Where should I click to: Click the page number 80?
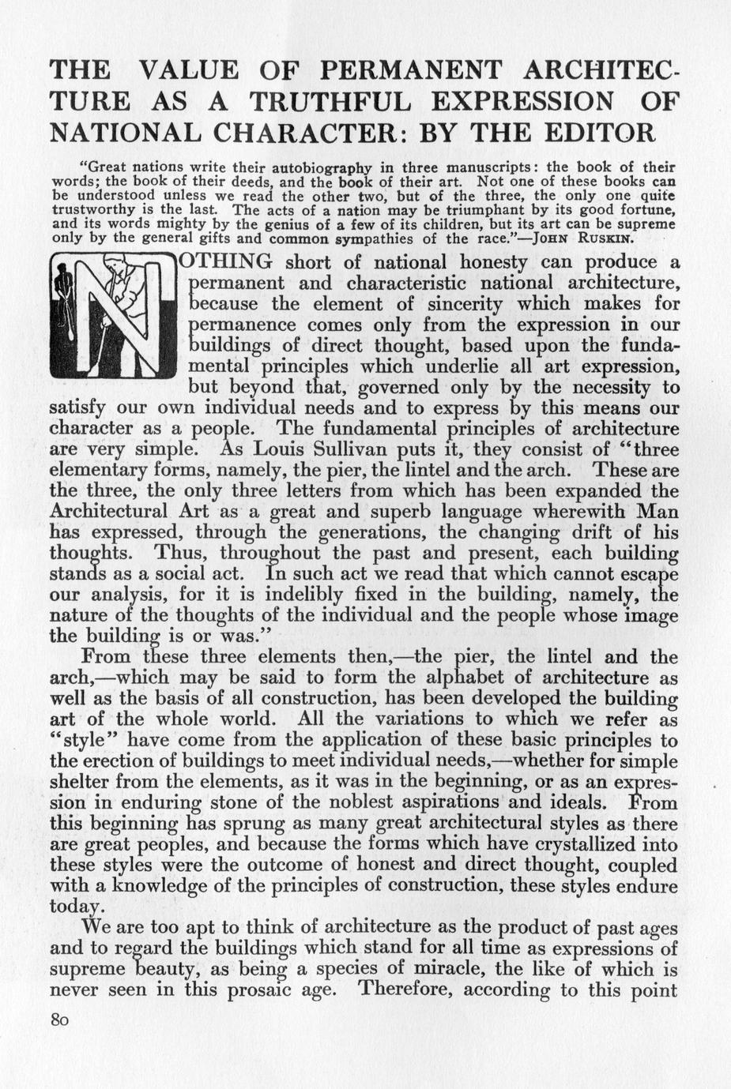(59, 1020)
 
